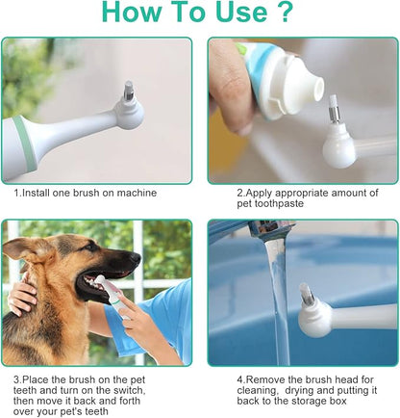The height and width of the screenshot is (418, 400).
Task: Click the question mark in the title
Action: [x=283, y=12]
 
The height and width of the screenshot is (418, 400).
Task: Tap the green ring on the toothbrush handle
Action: [x=25, y=141]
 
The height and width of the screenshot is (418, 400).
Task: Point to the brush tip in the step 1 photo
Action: [x=129, y=91]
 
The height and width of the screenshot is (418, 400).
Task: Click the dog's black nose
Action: [x=135, y=257]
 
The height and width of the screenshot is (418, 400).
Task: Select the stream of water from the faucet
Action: [x=278, y=297]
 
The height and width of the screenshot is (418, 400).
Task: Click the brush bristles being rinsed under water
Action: [x=306, y=295]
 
